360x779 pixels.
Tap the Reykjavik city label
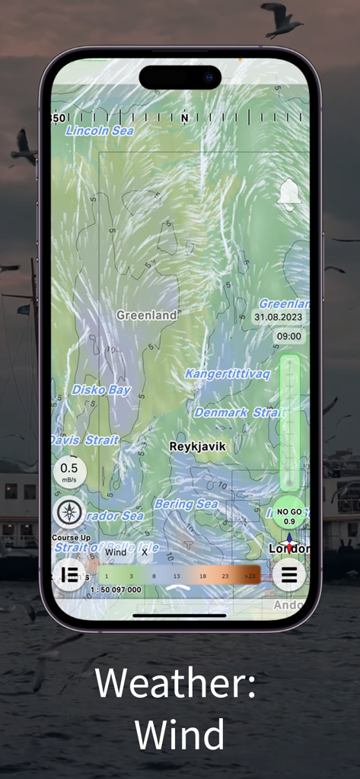point(197,447)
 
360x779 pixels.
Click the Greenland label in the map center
point(147,315)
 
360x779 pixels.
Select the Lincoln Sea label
point(100,131)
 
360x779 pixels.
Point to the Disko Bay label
point(101,390)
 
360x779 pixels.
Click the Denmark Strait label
point(239,412)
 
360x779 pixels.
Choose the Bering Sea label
point(186,504)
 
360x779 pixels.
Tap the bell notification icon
point(288,195)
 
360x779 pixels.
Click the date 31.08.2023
point(277,317)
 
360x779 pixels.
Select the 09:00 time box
point(288,336)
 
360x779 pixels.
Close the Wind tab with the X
point(145,552)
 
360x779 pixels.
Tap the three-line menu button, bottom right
point(289,574)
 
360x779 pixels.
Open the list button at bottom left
point(69,574)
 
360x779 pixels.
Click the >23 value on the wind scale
point(250,577)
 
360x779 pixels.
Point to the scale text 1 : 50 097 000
point(115,590)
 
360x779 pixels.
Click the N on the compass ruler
point(184,119)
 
